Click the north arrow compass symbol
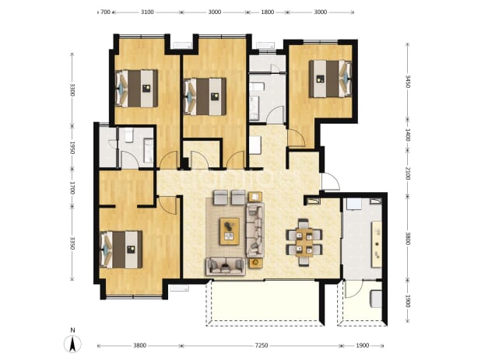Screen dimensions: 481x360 (x=72, y=344)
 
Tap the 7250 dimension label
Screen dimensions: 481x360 (x=262, y=345)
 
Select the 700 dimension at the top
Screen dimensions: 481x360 (x=105, y=12)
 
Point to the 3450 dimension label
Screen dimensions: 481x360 (x=407, y=82)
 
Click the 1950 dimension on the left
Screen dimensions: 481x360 (x=72, y=148)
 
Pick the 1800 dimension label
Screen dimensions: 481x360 (x=267, y=12)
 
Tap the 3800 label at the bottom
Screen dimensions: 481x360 (x=139, y=345)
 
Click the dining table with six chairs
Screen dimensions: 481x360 (x=304, y=242)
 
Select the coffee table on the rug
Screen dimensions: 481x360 (x=230, y=231)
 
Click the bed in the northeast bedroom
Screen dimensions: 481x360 (x=330, y=79)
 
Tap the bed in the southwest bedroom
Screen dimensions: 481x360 (x=121, y=250)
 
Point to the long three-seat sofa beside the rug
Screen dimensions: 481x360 (x=255, y=229)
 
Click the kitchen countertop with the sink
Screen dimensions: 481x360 (x=377, y=244)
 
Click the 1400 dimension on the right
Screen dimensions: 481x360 (x=407, y=135)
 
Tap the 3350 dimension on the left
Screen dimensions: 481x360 (x=72, y=243)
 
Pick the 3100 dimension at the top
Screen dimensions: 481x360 (x=147, y=12)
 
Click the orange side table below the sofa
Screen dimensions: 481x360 (x=255, y=263)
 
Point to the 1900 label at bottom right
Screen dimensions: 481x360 (x=362, y=345)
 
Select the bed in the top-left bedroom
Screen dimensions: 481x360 (x=136, y=89)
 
